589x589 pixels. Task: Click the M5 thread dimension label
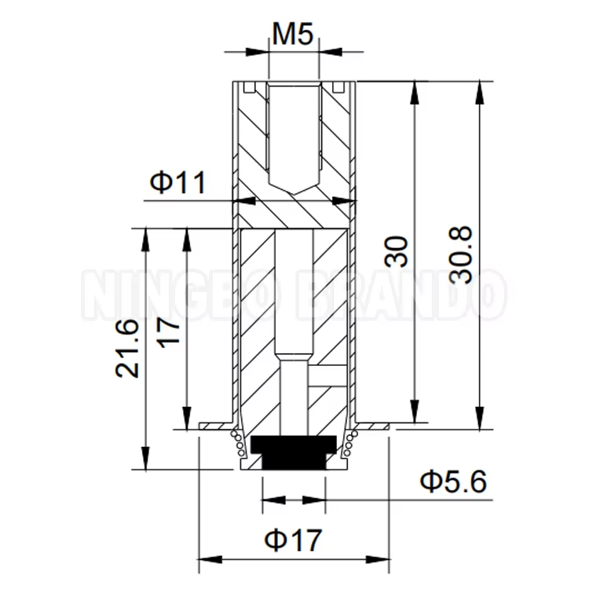[x=294, y=34]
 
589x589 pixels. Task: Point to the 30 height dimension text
[x=398, y=254]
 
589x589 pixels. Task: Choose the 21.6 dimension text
[x=127, y=348]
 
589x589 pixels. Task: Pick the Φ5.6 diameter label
[x=453, y=481]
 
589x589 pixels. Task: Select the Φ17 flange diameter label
[x=293, y=540]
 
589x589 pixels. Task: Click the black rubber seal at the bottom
[x=294, y=451]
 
